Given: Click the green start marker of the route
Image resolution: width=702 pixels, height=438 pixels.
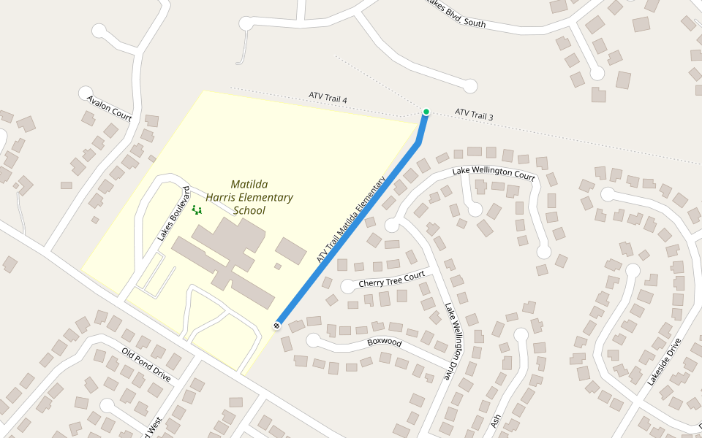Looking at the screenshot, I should click(x=426, y=112).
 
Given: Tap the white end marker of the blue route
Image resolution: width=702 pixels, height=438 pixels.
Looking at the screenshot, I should click(x=277, y=325).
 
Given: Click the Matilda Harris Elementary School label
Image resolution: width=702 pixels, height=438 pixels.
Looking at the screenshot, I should click(x=249, y=197).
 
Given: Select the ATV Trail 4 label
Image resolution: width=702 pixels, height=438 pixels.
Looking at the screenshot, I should click(x=328, y=98).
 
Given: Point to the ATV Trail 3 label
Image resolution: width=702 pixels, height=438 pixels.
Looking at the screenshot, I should click(x=474, y=115).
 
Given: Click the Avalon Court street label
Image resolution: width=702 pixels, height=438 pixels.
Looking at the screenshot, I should click(x=109, y=107).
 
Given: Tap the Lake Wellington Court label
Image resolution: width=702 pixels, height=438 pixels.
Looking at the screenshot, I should click(x=494, y=174).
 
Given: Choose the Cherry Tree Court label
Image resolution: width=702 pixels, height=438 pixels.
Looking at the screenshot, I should click(x=391, y=280).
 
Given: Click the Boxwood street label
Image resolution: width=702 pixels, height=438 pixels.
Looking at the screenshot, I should click(x=385, y=341).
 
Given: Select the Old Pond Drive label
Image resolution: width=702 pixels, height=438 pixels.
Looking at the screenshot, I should click(x=146, y=365).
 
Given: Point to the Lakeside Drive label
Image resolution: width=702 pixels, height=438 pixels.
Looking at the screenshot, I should click(x=663, y=361).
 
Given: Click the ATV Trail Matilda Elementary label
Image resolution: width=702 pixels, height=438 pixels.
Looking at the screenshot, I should click(x=351, y=222).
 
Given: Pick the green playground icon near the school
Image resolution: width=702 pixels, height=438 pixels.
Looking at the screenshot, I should click(x=196, y=210).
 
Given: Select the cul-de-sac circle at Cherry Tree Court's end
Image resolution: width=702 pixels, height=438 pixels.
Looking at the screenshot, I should click(x=347, y=286).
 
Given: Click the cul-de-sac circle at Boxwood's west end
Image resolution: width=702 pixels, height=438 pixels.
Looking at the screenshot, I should click(x=313, y=340).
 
